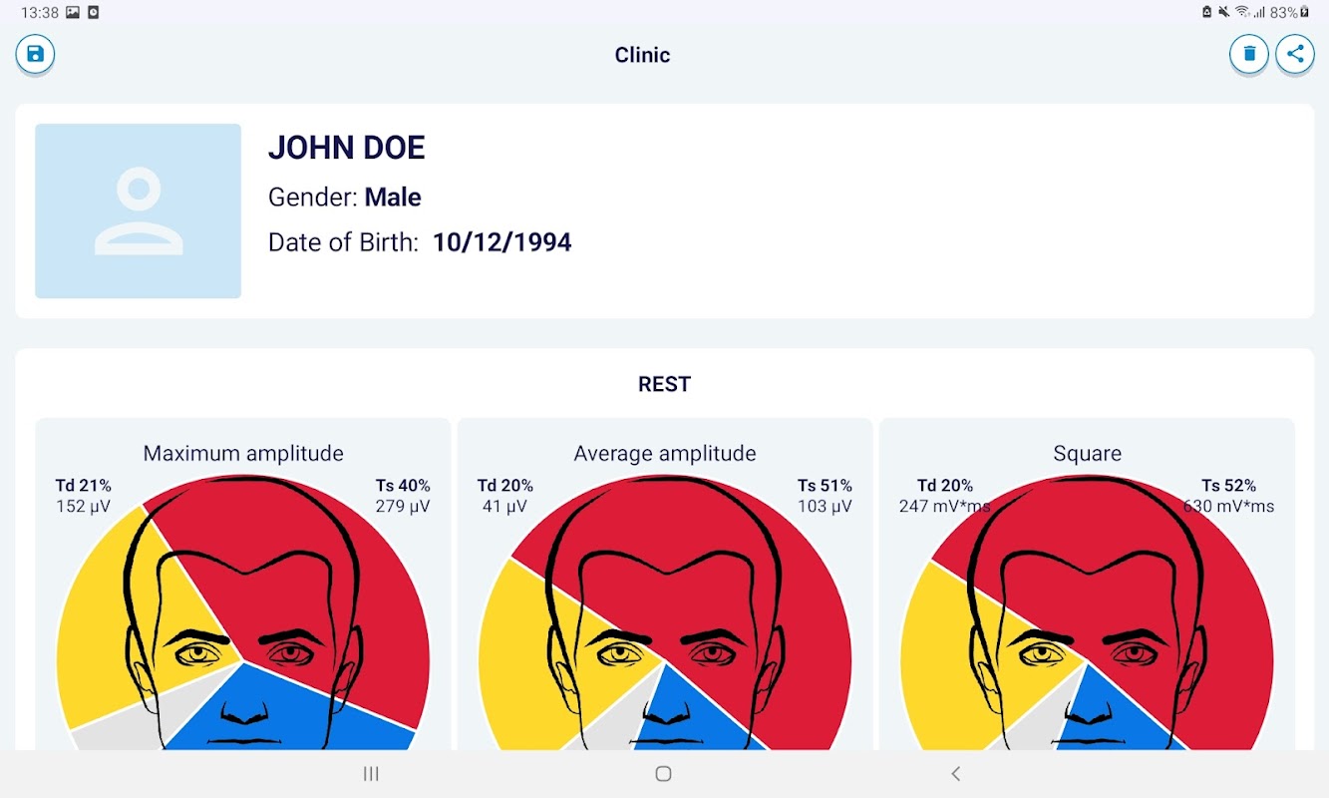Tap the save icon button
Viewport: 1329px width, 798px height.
pyautogui.click(x=35, y=54)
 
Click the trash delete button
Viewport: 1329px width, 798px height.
pyautogui.click(x=1248, y=54)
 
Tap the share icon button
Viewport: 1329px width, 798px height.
pyautogui.click(x=1295, y=54)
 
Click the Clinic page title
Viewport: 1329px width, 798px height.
pyautogui.click(x=642, y=55)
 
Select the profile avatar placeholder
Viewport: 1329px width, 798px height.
pyautogui.click(x=138, y=210)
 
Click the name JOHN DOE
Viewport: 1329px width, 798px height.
pyautogui.click(x=346, y=149)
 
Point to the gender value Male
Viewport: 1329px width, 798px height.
pyautogui.click(x=393, y=198)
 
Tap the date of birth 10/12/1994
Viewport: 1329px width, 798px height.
pyautogui.click(x=501, y=242)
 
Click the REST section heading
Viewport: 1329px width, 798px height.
pyautogui.click(x=664, y=384)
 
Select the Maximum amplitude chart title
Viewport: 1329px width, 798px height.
pyautogui.click(x=243, y=454)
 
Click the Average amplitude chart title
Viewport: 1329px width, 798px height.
pyautogui.click(x=665, y=454)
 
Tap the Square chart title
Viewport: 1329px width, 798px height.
pyautogui.click(x=1087, y=454)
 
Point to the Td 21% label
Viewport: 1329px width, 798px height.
pyautogui.click(x=84, y=486)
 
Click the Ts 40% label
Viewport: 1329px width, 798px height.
pyautogui.click(x=403, y=486)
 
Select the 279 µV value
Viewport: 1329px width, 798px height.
pyautogui.click(x=403, y=507)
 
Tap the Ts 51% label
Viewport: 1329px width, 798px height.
pyautogui.click(x=825, y=486)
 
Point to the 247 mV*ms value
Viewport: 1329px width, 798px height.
pyautogui.click(x=943, y=507)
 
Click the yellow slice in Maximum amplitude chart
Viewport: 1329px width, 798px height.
pyautogui.click(x=100, y=628)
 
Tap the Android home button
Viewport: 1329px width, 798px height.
pyautogui.click(x=663, y=773)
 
